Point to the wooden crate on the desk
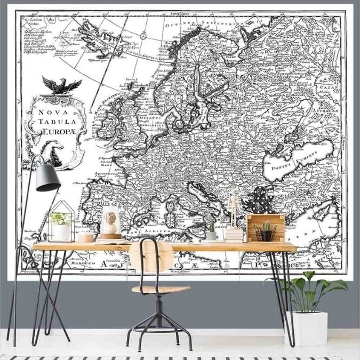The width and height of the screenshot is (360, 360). click(x=265, y=227)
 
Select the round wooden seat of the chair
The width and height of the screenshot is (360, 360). click(x=161, y=290)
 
